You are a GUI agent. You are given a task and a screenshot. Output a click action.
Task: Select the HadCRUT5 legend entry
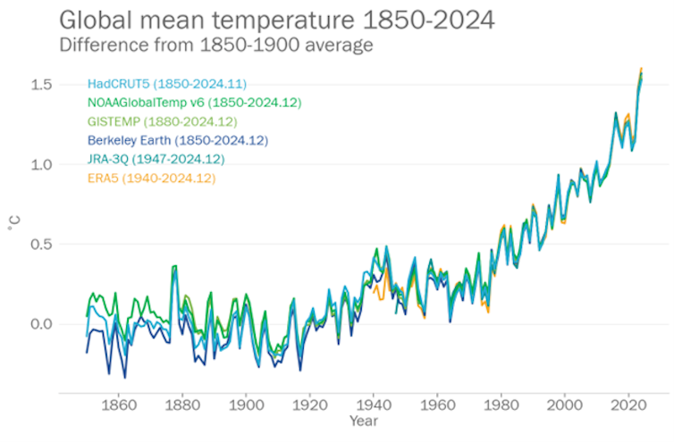pos(167,84)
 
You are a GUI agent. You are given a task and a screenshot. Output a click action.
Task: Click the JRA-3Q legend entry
pos(156,159)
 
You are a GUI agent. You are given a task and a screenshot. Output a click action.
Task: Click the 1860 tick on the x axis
pos(120,404)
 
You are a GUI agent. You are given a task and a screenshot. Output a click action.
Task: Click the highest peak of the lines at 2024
pos(641,69)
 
